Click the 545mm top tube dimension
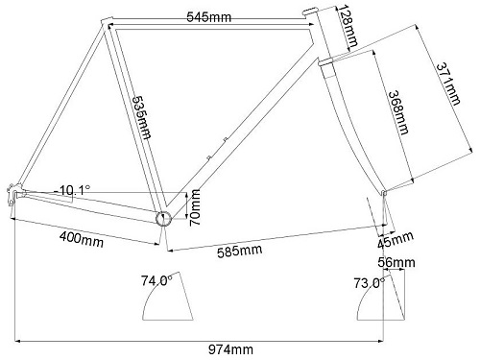pos(208,16)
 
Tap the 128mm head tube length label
pos(348,27)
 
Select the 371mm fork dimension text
pos(449,84)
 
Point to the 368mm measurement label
pos(398,112)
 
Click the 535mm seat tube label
pos(141,117)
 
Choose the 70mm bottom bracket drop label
pos(195,207)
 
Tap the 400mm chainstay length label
pos(82,239)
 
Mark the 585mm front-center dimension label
pos(240,251)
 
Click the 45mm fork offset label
pos(396,239)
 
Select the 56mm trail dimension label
pos(396,262)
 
